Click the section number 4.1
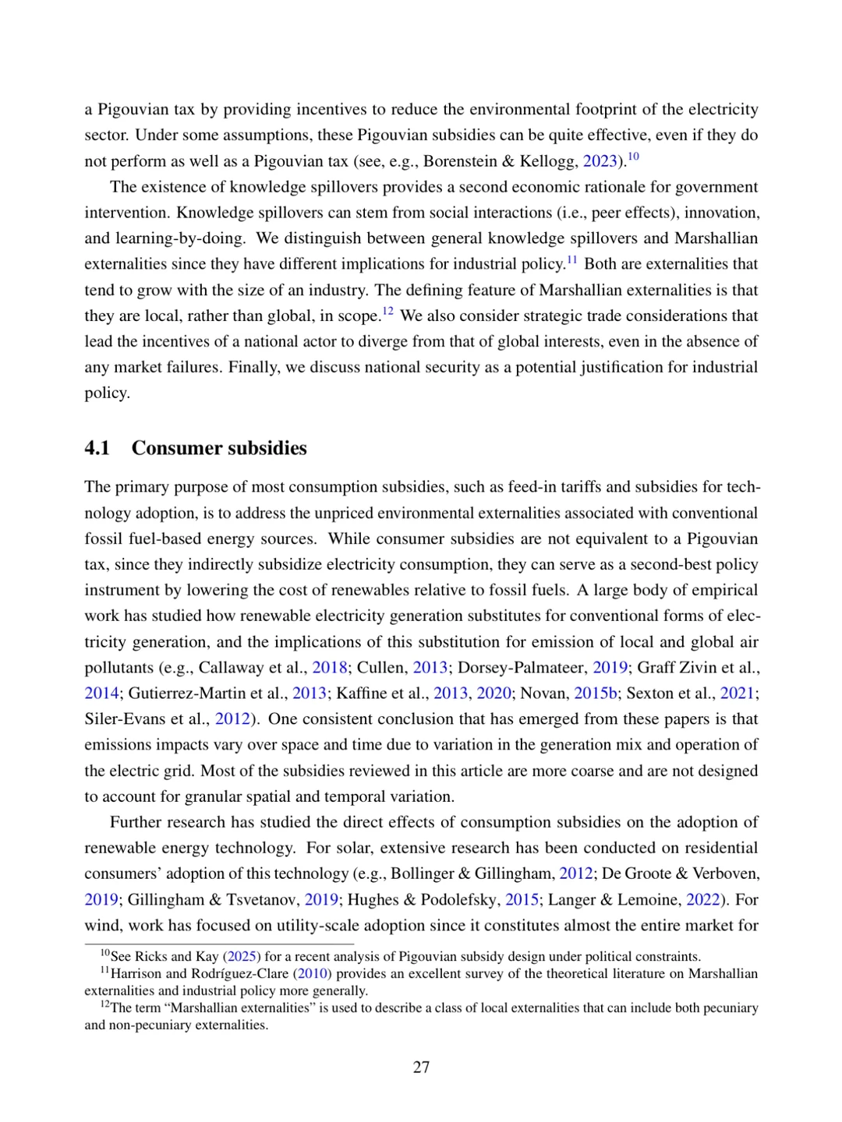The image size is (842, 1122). tap(97, 448)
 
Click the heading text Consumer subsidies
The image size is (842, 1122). tap(219, 448)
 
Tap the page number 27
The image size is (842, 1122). tap(421, 1067)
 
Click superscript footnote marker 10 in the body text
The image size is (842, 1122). tap(633, 157)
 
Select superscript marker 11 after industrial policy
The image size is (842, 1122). tap(571, 259)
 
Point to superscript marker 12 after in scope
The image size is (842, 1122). tap(387, 312)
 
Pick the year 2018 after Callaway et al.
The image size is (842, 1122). tap(330, 667)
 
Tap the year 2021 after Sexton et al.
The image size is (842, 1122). tap(738, 693)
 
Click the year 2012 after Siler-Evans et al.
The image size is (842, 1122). tap(232, 718)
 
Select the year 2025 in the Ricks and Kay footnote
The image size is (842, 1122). tap(242, 956)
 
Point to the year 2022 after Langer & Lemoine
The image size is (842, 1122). tap(702, 899)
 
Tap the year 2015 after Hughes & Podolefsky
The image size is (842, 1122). tap(522, 899)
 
